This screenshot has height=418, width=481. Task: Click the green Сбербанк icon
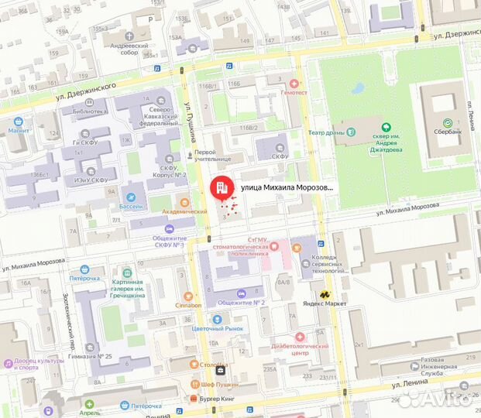(447, 124)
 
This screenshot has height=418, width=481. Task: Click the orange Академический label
(183, 211)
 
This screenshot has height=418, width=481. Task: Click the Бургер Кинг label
(215, 399)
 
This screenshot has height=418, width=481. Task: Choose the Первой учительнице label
(214, 156)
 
